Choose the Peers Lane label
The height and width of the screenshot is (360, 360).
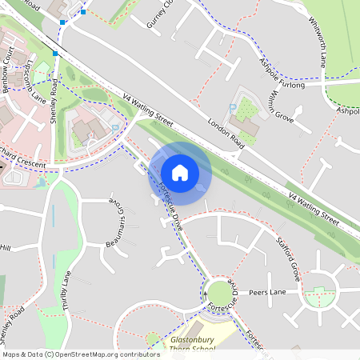(266, 293)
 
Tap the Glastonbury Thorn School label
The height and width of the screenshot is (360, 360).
(192, 345)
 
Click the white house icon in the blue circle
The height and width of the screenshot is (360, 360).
(180, 172)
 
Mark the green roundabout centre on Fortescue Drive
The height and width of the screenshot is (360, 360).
(218, 294)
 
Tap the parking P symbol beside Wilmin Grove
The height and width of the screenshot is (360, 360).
(233, 108)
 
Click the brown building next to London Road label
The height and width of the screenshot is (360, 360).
(249, 127)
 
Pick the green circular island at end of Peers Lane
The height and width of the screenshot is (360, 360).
(320, 297)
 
